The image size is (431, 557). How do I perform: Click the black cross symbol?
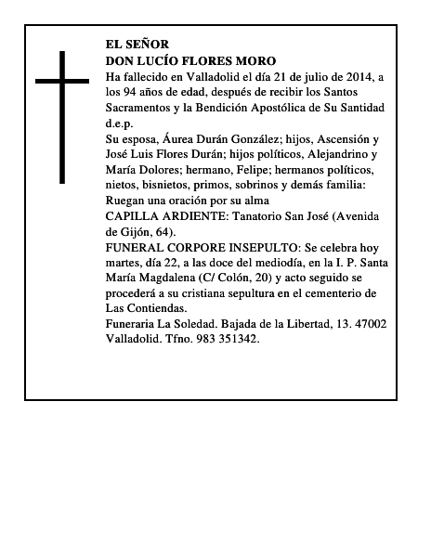(64, 116)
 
